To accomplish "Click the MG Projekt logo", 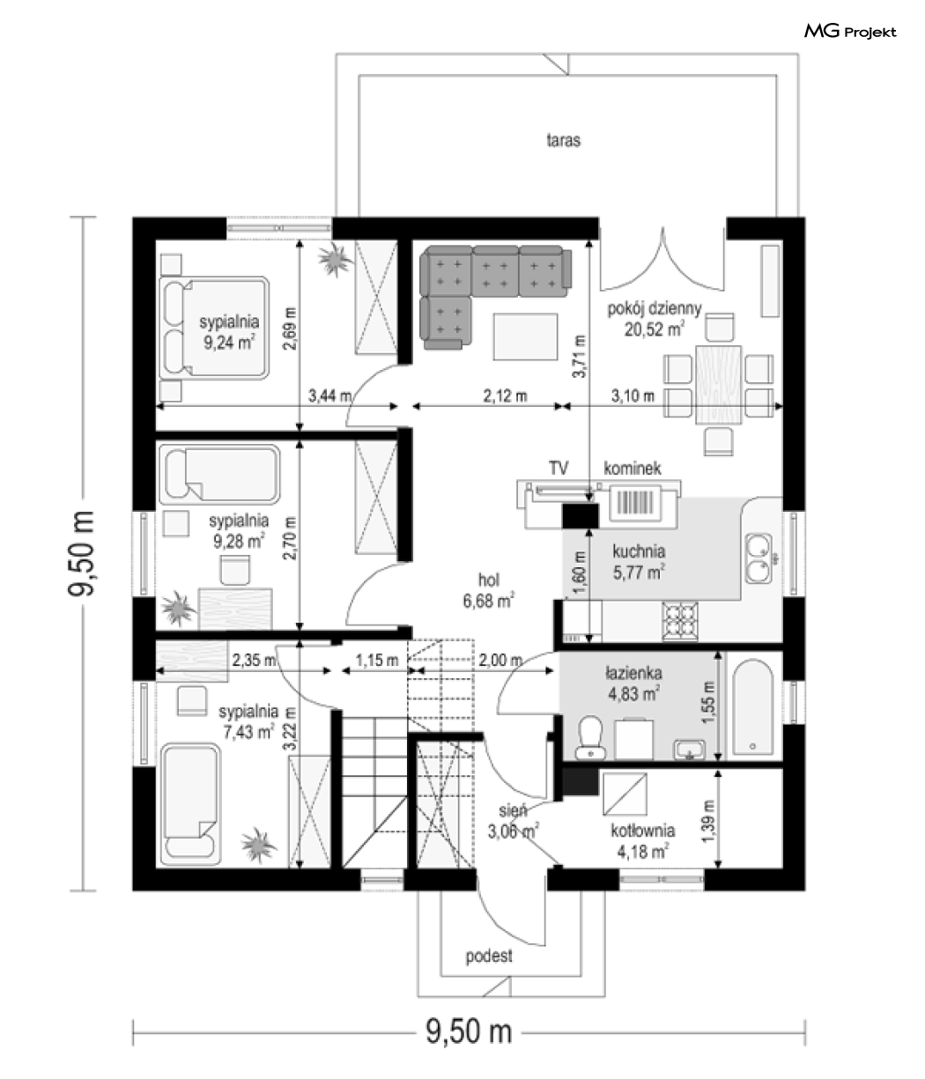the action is (850, 32).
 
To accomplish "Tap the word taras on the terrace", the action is (563, 140).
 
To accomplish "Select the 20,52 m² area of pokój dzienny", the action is (655, 329).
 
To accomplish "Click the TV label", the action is (558, 468).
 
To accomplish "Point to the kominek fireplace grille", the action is (635, 504).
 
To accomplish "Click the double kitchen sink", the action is (758, 558).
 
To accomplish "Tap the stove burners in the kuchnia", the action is (680, 621).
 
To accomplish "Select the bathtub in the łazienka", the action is (752, 708).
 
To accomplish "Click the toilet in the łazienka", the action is (590, 737).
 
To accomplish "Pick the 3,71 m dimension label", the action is (580, 356).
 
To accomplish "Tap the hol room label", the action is (489, 580).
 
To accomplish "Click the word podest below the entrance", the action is (489, 957).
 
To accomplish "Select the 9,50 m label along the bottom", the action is (469, 1031).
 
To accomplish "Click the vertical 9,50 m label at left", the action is (81, 553).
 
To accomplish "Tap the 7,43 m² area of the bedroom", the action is (249, 732).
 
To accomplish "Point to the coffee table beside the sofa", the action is (525, 336).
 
